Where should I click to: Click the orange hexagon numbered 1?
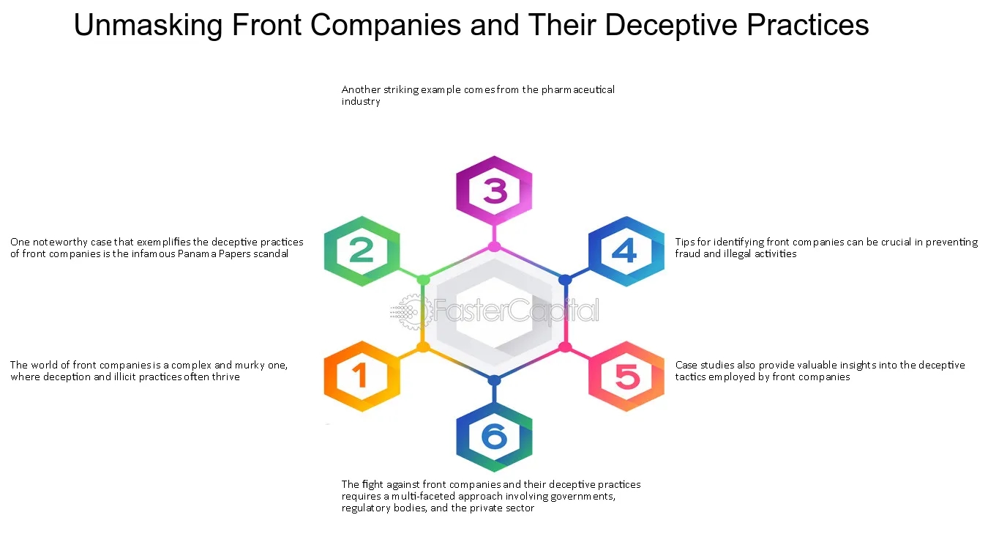[x=362, y=377]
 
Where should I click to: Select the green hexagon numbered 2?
[x=362, y=251]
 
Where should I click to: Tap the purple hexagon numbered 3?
[x=494, y=191]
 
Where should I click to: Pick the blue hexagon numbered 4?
[x=626, y=251]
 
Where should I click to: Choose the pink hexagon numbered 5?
[x=626, y=377]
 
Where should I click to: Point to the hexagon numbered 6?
[x=494, y=437]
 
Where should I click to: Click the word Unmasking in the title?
[x=149, y=26]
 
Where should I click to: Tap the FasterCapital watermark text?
[x=516, y=312]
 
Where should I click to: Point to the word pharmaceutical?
[x=578, y=89]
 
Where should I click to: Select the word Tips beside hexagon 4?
[x=685, y=242]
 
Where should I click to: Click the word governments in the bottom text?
[x=578, y=496]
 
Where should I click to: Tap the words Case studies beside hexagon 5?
[x=707, y=365]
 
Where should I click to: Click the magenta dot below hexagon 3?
[x=494, y=246]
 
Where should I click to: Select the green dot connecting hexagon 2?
[x=423, y=279]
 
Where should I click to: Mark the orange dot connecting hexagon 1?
[x=423, y=346]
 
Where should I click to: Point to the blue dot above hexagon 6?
[x=494, y=380]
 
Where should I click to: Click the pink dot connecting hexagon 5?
[x=565, y=346]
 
